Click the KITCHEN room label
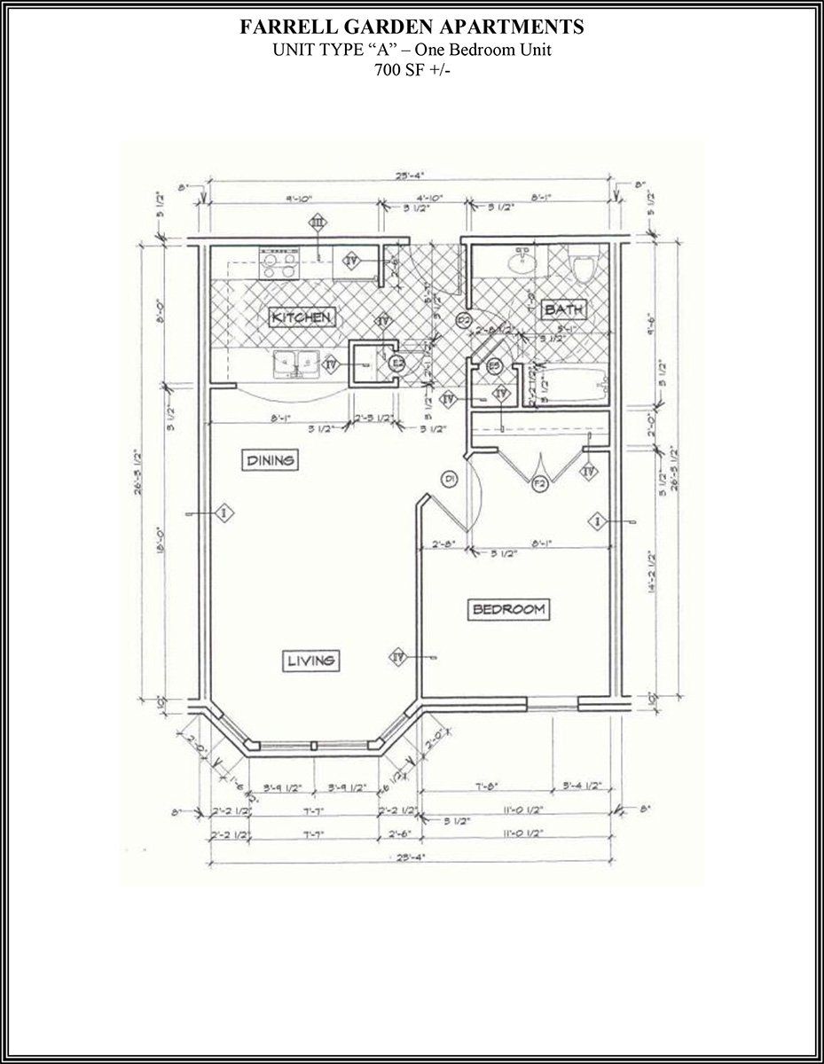(302, 317)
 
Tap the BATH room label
(563, 309)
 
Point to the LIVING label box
(310, 660)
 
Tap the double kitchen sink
(297, 362)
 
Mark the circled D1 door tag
(450, 480)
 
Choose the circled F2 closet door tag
(538, 484)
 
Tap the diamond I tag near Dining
(224, 512)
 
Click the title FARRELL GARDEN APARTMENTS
(412, 28)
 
